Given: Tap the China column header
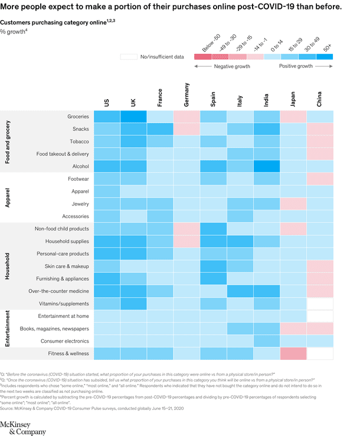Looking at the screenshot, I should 319,99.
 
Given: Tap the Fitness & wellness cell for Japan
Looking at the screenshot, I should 293,353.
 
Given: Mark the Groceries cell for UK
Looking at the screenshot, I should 133,116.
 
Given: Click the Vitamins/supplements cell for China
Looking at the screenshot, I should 319,304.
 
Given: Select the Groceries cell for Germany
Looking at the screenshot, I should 186,116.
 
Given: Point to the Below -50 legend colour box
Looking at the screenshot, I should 202,57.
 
